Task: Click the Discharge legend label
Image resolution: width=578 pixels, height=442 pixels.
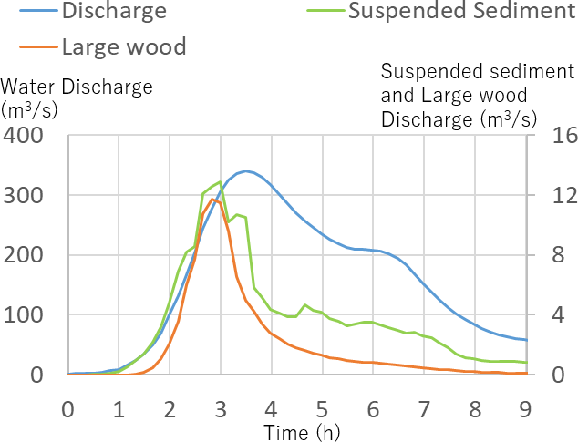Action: (x=115, y=12)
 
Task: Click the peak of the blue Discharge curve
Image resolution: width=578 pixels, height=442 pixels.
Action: (x=246, y=170)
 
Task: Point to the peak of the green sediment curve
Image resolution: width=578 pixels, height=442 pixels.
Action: (x=220, y=182)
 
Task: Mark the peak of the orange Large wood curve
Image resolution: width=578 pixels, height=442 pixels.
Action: (x=212, y=199)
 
